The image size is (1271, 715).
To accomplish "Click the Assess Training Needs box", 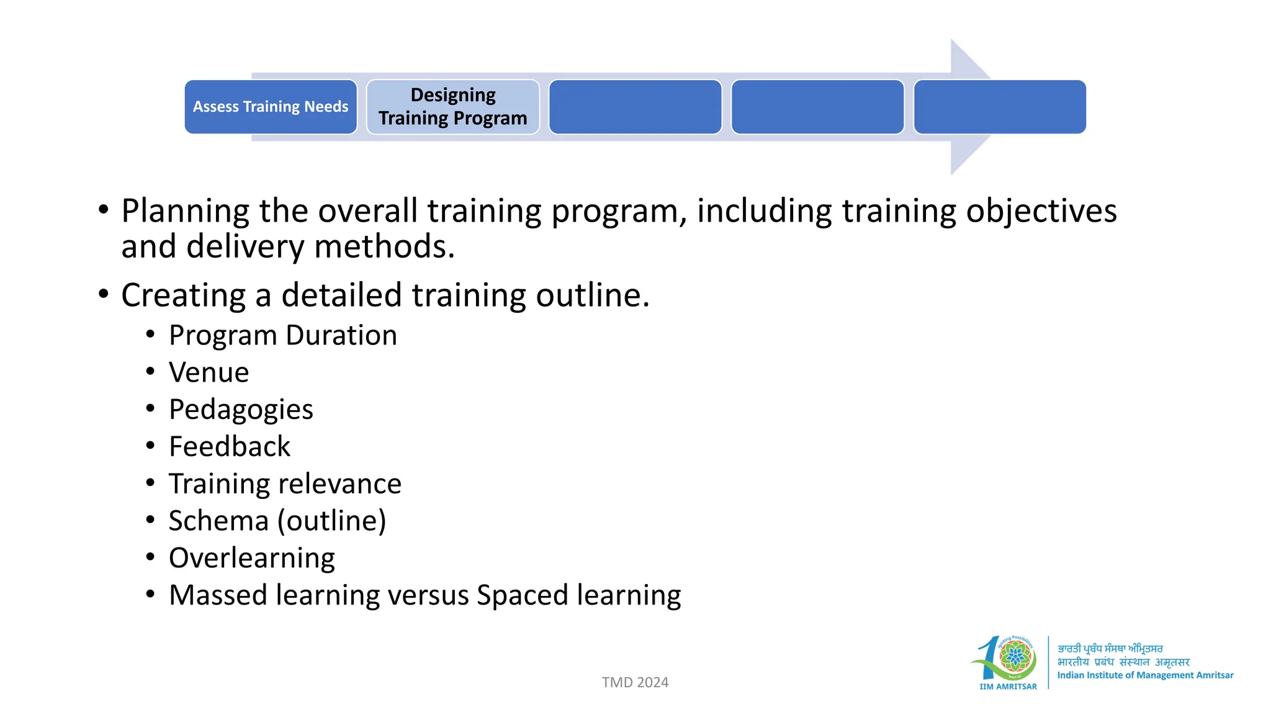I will click(271, 107).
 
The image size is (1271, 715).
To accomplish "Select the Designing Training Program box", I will click(452, 107).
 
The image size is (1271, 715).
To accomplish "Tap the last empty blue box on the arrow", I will click(999, 107).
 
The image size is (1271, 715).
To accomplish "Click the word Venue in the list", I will click(209, 372).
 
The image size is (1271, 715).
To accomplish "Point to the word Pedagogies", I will click(241, 410).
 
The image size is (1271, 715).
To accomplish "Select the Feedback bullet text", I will click(229, 447).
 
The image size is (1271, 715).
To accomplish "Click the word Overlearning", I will click(251, 558).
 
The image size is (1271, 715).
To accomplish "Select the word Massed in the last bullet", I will click(218, 595).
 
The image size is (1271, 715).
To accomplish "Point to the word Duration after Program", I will click(341, 336).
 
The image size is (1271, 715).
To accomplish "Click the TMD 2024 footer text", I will click(635, 682).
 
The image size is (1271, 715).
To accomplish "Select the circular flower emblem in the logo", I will click(1015, 657).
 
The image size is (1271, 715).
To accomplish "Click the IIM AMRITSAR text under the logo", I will click(1008, 686).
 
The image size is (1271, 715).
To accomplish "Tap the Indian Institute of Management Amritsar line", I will click(1145, 675).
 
